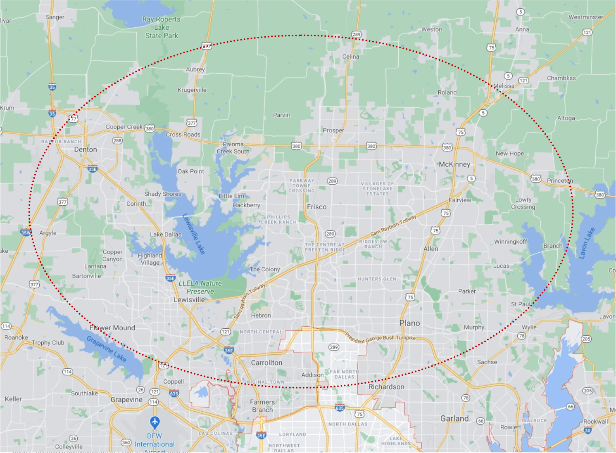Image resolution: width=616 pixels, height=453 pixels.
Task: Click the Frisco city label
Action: [316, 207]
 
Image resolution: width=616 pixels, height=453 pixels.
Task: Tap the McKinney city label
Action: [454, 164]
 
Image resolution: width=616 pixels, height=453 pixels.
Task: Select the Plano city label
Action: [409, 323]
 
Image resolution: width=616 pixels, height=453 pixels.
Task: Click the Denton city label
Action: [86, 149]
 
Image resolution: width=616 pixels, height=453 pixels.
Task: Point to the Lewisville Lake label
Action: [194, 234]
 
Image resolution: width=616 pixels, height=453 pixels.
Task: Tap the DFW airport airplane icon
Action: [155, 422]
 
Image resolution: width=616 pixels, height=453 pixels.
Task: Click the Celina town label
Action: [350, 57]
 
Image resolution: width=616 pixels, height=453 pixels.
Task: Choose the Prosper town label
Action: [333, 130]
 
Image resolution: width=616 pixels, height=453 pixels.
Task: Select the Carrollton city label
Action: [266, 363]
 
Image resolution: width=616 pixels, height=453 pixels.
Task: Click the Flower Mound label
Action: [112, 328]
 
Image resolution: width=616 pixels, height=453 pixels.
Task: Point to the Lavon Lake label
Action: [587, 243]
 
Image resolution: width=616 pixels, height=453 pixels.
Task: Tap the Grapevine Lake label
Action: [106, 349]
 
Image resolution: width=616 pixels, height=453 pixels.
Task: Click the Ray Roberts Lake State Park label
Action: [162, 28]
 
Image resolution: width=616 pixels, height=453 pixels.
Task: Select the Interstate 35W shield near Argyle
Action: [26, 232]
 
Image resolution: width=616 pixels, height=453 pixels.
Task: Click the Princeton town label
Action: [559, 181]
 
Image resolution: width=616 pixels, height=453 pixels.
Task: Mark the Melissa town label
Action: [504, 86]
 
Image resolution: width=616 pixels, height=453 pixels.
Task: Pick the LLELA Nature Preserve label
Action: [200, 287]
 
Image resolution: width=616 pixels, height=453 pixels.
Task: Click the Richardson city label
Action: [386, 387]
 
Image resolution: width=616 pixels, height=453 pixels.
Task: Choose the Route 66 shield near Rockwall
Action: [570, 407]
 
